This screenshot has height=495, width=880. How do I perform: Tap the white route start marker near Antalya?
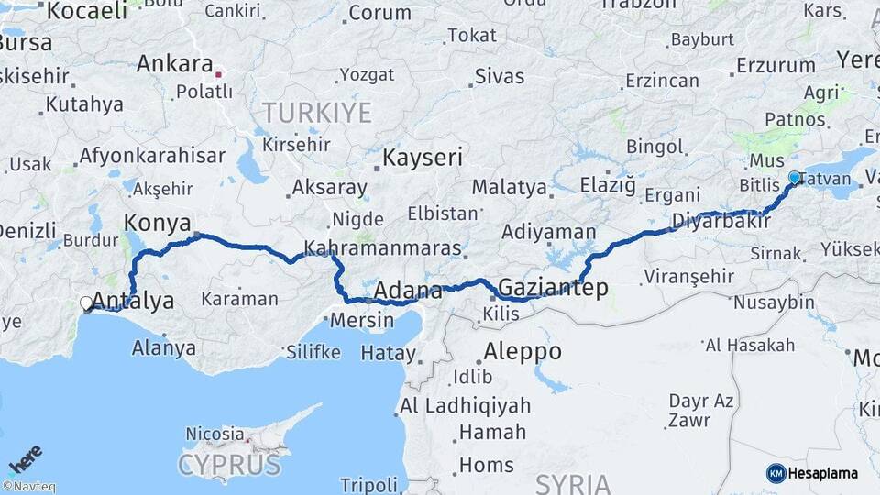[86, 302]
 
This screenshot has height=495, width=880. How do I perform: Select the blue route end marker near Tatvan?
[795, 178]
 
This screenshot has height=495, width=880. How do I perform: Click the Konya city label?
[157, 223]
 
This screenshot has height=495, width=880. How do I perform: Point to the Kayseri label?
[423, 157]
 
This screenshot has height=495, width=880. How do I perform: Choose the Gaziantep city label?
[553, 288]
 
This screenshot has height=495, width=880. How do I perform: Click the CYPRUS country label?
[229, 464]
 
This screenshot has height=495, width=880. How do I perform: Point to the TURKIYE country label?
[317, 113]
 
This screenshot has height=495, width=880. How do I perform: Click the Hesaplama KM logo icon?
[776, 473]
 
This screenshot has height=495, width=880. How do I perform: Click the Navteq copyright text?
[28, 487]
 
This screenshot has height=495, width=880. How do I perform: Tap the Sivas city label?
[500, 76]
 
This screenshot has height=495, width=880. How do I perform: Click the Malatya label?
[509, 188]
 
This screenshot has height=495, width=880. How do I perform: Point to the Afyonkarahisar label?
[152, 156]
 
